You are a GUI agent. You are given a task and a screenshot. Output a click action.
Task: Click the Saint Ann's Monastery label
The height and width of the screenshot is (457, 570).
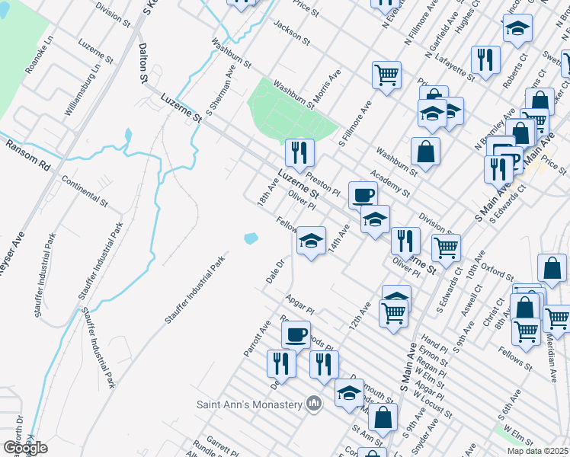(x=250, y=404)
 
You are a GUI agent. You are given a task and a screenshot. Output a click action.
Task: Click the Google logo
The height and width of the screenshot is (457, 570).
(x=25, y=448)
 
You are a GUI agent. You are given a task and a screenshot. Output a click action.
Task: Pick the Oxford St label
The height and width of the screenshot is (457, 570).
(x=492, y=267)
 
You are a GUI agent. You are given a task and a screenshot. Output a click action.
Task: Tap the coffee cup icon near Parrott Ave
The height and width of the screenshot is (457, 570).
(x=296, y=333)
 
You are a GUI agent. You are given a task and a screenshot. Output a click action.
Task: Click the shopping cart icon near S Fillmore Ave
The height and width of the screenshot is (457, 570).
(x=386, y=75)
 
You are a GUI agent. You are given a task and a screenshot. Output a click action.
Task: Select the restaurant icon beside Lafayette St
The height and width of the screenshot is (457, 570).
(x=485, y=59)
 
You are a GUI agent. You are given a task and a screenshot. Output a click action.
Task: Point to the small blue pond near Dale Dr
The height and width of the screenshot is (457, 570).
(x=251, y=238)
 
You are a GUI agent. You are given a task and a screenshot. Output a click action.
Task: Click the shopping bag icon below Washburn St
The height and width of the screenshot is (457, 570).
(x=425, y=151)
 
